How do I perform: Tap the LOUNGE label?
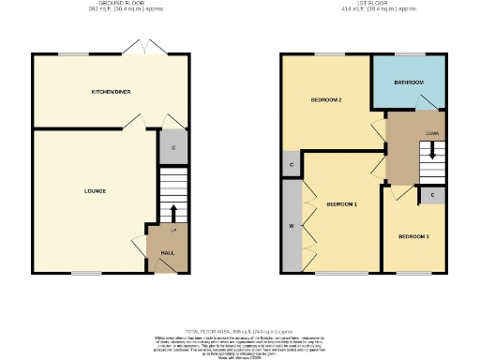(x=94, y=191)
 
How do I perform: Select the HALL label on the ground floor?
(x=168, y=253)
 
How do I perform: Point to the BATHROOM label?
(x=409, y=83)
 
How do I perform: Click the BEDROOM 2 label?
(x=325, y=100)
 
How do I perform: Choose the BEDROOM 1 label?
(x=341, y=203)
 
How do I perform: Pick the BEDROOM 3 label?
(x=413, y=236)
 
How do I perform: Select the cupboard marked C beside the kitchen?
(x=173, y=147)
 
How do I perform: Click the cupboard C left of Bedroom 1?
(x=292, y=165)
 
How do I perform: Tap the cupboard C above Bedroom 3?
(x=431, y=195)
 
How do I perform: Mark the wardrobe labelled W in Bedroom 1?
(x=292, y=226)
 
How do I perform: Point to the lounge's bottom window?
(x=87, y=273)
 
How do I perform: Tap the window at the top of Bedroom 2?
(x=326, y=54)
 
